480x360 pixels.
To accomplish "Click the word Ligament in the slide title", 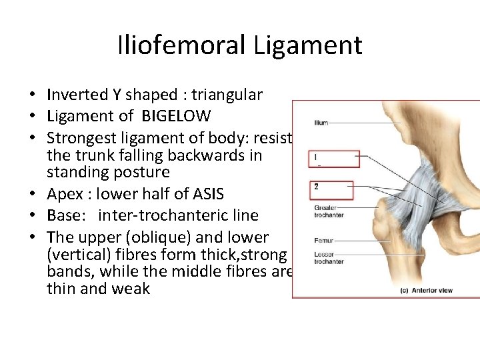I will [307, 45].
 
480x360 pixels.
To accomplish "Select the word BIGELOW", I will [176, 116].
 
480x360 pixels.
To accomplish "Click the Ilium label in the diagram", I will [321, 123].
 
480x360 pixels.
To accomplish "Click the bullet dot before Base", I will [39, 216].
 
